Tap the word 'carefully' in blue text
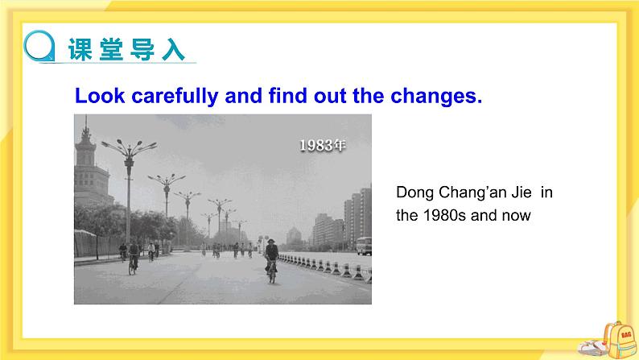171,97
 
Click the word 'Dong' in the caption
414,192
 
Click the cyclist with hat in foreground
272,259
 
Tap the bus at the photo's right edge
365,246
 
